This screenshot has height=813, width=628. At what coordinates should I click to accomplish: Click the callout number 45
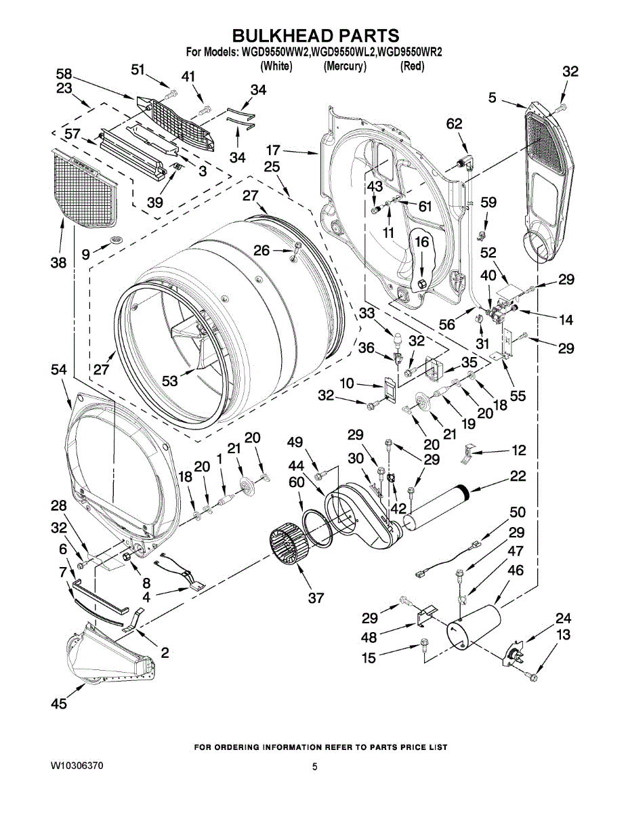click(x=59, y=704)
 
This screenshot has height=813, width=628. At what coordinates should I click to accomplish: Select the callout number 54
click(x=58, y=371)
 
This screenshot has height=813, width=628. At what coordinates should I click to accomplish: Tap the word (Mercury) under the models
click(x=344, y=66)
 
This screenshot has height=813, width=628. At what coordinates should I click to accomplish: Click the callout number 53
click(x=170, y=381)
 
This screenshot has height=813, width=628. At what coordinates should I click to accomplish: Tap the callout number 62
click(x=454, y=123)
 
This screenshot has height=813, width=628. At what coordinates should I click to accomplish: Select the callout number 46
click(x=516, y=570)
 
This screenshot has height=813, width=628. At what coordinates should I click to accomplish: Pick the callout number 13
click(x=563, y=634)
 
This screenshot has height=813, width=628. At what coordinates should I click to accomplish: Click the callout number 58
click(x=64, y=74)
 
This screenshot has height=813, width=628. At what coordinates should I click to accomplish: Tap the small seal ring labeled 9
click(x=113, y=239)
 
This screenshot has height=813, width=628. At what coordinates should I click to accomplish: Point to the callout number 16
click(x=421, y=242)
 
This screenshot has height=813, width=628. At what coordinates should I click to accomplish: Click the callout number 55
click(x=518, y=396)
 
